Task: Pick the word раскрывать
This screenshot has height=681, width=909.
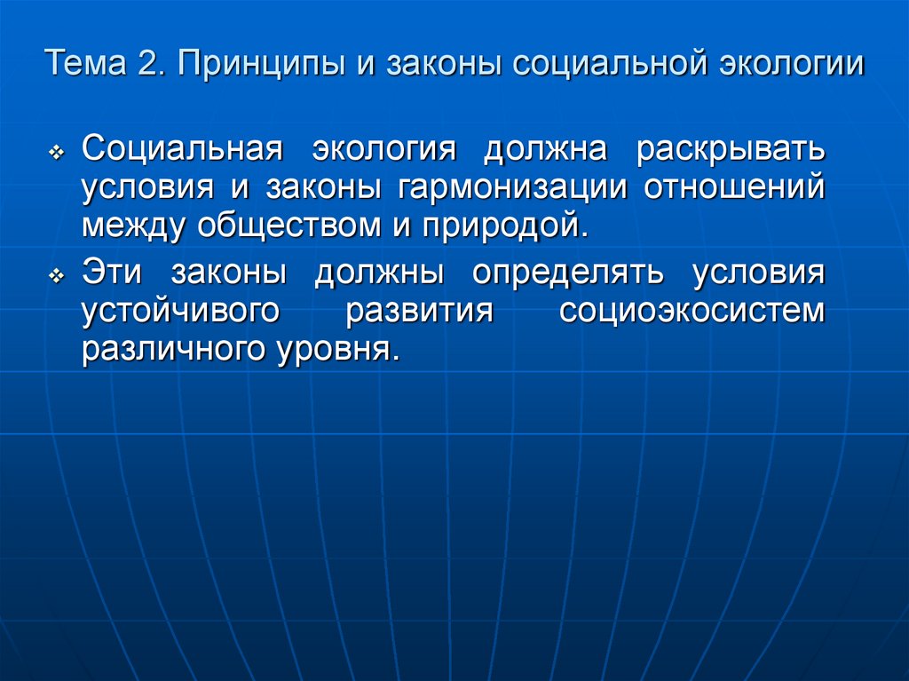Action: (x=730, y=150)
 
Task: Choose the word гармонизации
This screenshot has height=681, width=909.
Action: (x=501, y=187)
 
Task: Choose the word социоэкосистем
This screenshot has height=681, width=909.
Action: (x=692, y=311)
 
